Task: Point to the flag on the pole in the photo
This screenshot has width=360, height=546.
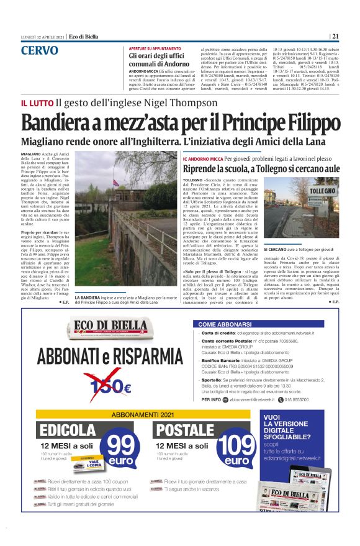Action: tap(115, 183)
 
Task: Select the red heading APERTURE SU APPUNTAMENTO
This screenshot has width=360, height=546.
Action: tap(155, 48)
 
